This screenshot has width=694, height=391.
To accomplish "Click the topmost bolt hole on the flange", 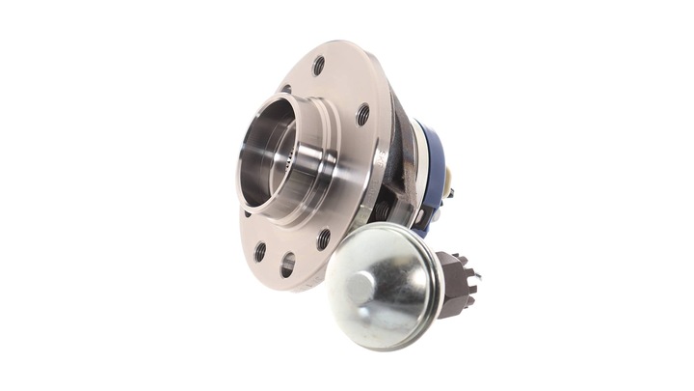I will click(318, 66).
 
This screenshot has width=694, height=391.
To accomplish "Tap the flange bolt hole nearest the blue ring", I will click(362, 114).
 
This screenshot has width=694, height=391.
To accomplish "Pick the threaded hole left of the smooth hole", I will click(260, 251).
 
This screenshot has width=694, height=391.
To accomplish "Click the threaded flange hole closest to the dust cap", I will click(324, 237).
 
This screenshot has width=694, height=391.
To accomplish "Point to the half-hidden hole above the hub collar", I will click(286, 90).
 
